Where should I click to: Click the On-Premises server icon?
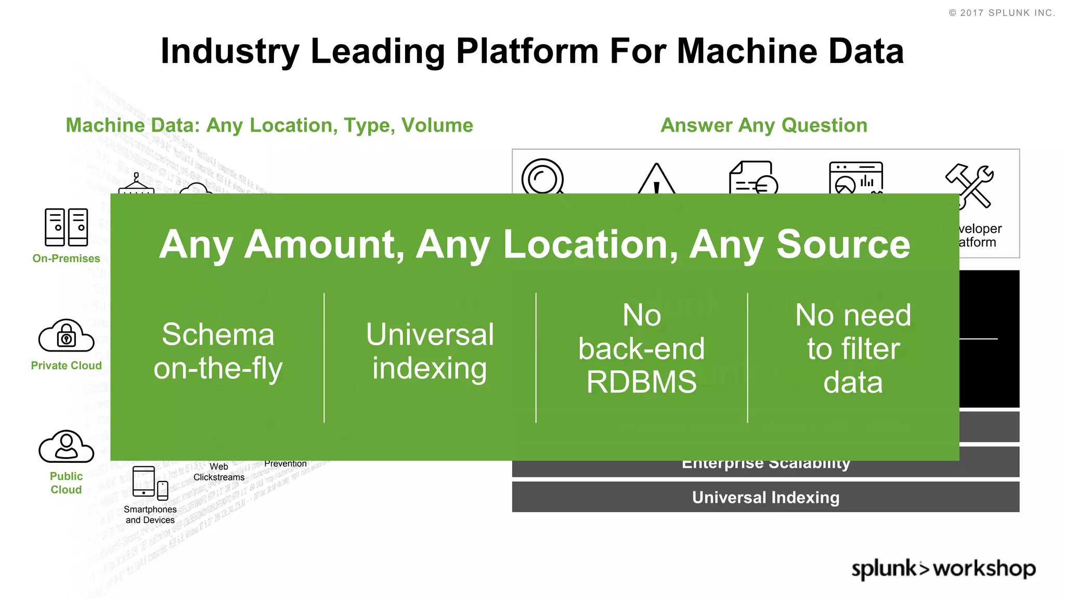coord(66,227)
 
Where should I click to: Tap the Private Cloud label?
coord(66,366)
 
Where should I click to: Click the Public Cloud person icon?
coord(66,447)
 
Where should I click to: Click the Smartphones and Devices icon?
coord(150,483)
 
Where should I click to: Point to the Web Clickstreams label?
coord(219,472)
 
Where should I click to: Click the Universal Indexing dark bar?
coord(765,497)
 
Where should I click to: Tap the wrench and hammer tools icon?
coord(969,186)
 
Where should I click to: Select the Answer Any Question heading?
coord(764,125)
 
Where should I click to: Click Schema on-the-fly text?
coord(218,351)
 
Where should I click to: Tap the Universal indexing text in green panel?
coord(430,351)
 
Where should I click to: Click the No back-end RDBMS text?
coord(641,349)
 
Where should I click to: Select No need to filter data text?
coord(853,349)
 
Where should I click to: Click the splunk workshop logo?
coord(943,569)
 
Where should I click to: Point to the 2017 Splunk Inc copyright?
coord(1002,13)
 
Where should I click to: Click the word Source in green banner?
coord(843,244)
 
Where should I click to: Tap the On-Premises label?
coord(66,258)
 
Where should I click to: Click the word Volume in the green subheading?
coord(437,125)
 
